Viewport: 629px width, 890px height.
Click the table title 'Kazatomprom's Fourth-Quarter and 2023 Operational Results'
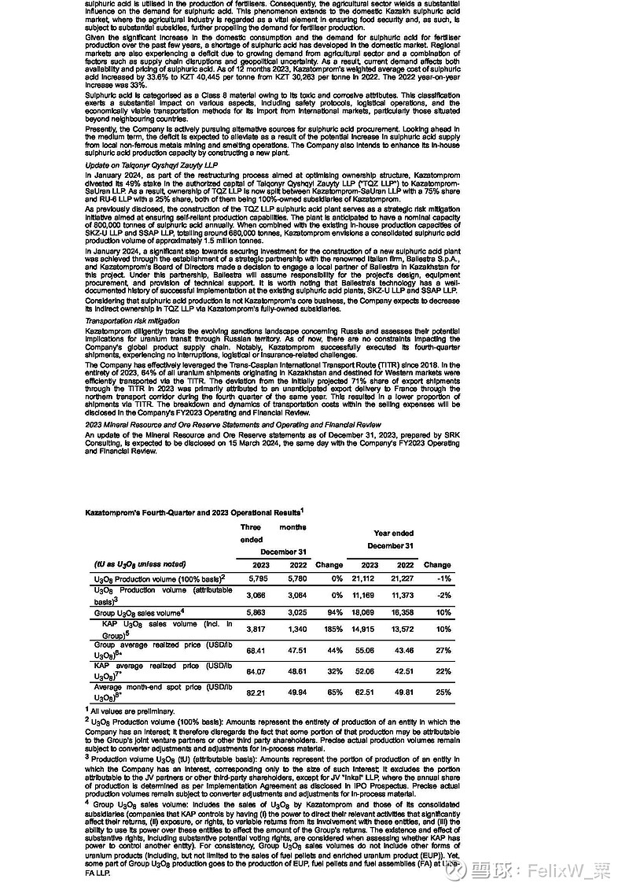click(x=193, y=511)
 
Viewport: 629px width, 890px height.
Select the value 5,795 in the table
click(x=257, y=578)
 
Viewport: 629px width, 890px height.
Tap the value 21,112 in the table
click(x=370, y=578)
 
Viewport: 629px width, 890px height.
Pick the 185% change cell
click(x=329, y=630)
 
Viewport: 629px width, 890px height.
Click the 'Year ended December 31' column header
click(x=390, y=539)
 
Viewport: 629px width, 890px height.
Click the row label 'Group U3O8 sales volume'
click(x=138, y=611)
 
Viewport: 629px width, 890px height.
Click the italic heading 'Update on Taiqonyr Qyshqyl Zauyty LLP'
click(x=151, y=165)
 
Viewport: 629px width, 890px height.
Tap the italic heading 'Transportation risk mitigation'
click(x=134, y=321)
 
